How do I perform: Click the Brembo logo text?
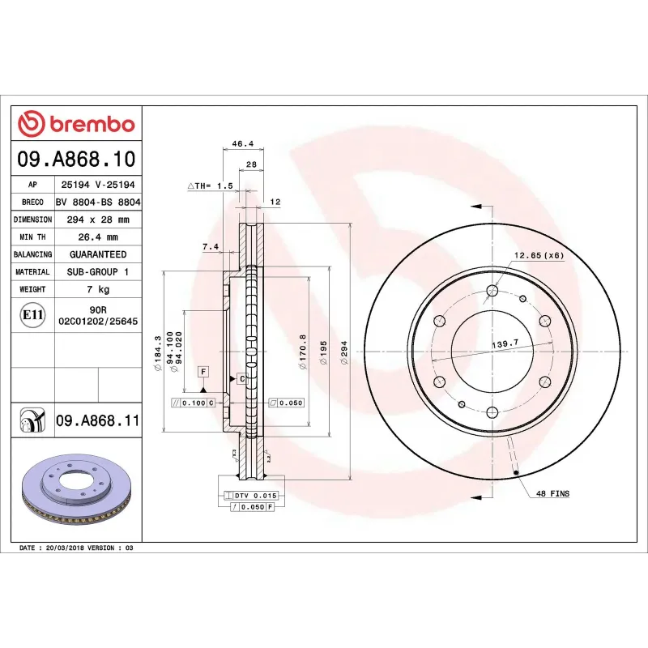point(92,125)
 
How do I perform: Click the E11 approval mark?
point(32,314)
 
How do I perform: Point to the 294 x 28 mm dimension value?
point(96,220)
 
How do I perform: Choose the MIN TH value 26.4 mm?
point(96,237)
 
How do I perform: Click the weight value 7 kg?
point(96,289)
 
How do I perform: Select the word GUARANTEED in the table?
point(96,254)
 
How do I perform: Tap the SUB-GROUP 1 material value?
point(96,272)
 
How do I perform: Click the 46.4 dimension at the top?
point(243,144)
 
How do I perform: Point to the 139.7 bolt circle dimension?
point(505,344)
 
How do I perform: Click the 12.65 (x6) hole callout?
point(537,256)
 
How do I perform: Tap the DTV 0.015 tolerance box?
point(257,495)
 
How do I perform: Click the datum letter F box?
point(203,371)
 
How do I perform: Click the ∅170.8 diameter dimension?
point(302,352)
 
